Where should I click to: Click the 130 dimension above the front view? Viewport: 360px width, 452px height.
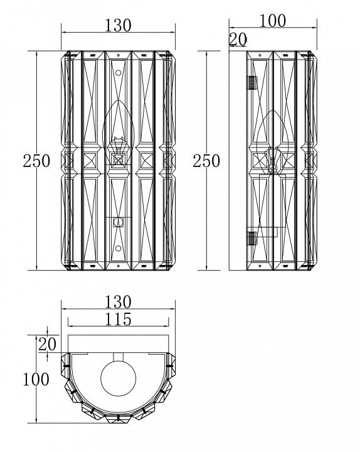pos(117,25)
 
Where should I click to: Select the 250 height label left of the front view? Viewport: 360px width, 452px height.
pos(36,161)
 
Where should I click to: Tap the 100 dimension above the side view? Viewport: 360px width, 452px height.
pos(272,21)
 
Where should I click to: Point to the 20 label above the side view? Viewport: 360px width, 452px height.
pos(238,40)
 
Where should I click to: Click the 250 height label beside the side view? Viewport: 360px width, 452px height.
pos(206,161)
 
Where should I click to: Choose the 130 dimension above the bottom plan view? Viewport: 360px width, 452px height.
pos(118,302)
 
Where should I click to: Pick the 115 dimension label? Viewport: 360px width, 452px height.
pos(118,319)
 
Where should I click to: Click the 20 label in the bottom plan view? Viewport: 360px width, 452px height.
pos(47,344)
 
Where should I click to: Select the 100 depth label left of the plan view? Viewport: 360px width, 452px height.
pos(36,379)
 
